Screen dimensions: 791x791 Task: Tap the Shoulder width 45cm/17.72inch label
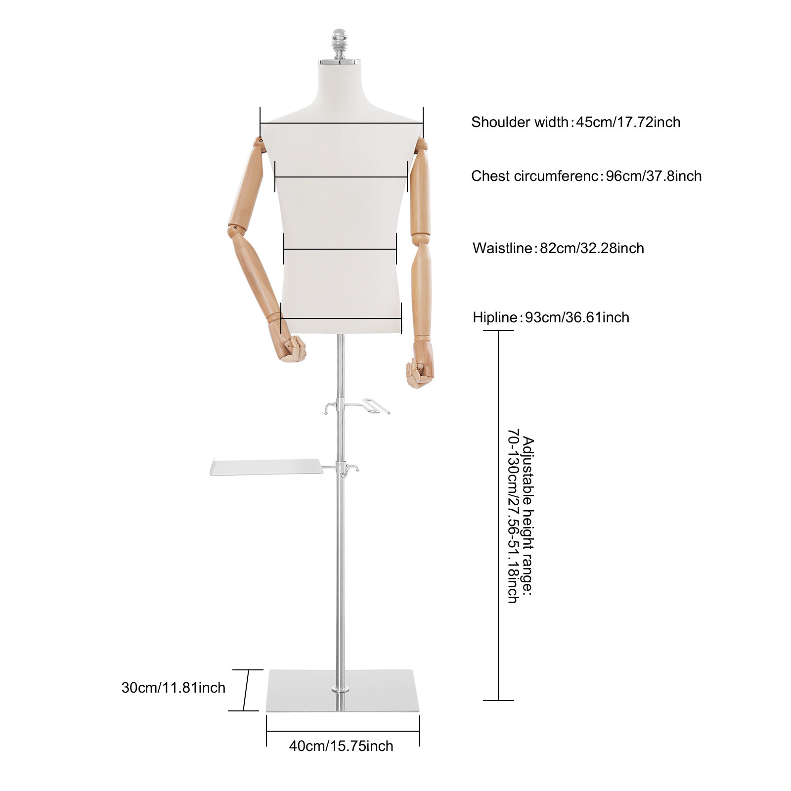[575, 122]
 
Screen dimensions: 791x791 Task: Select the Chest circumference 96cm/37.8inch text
[586, 176]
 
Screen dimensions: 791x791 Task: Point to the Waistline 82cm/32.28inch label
[558, 248]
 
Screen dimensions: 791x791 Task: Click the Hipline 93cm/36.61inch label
[551, 317]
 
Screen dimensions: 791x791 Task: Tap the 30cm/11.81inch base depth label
[173, 688]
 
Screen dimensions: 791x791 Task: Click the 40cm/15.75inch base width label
[341, 746]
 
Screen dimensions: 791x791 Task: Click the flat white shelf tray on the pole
[267, 467]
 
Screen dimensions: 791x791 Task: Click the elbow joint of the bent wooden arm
[235, 230]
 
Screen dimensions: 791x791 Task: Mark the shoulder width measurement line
[341, 123]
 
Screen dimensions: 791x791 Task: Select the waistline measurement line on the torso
[340, 249]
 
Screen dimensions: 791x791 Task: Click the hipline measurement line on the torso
[341, 319]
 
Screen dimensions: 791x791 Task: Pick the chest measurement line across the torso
[341, 176]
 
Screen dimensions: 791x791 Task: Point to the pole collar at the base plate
[340, 689]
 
